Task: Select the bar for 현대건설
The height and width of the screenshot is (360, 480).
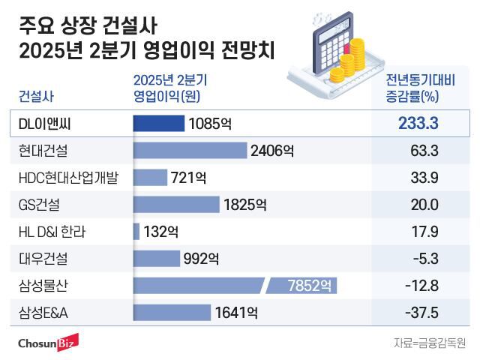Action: pyautogui.click(x=190, y=151)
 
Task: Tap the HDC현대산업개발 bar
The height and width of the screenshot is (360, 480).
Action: pyautogui.click(x=150, y=178)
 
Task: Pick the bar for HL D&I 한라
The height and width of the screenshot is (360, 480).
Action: pyautogui.click(x=136, y=232)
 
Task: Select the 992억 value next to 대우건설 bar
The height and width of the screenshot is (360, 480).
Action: pyautogui.click(x=202, y=259)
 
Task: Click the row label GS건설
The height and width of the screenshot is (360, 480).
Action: pyautogui.click(x=41, y=205)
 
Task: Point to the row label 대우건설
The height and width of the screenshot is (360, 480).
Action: pyautogui.click(x=43, y=259)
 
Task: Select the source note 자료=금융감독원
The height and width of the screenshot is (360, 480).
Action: pyautogui.click(x=429, y=343)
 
